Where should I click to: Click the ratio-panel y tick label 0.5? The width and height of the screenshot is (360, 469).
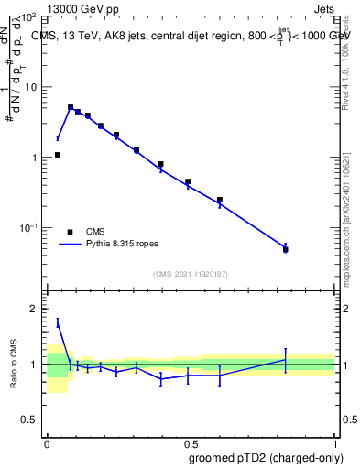pyautogui.click(x=30, y=420)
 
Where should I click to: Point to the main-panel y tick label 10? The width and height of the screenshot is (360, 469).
pyautogui.click(x=30, y=87)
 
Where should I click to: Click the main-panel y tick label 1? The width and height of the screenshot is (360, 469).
pyautogui.click(x=34, y=158)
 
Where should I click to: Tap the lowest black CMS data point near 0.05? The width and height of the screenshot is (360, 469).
pyautogui.click(x=58, y=155)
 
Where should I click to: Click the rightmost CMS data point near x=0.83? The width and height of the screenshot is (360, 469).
pyautogui.click(x=286, y=249)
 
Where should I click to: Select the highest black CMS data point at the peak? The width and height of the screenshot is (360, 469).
pyautogui.click(x=71, y=107)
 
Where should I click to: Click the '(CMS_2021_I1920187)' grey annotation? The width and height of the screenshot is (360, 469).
pyautogui.click(x=190, y=274)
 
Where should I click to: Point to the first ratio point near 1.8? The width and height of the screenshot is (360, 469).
pyautogui.click(x=58, y=322)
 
